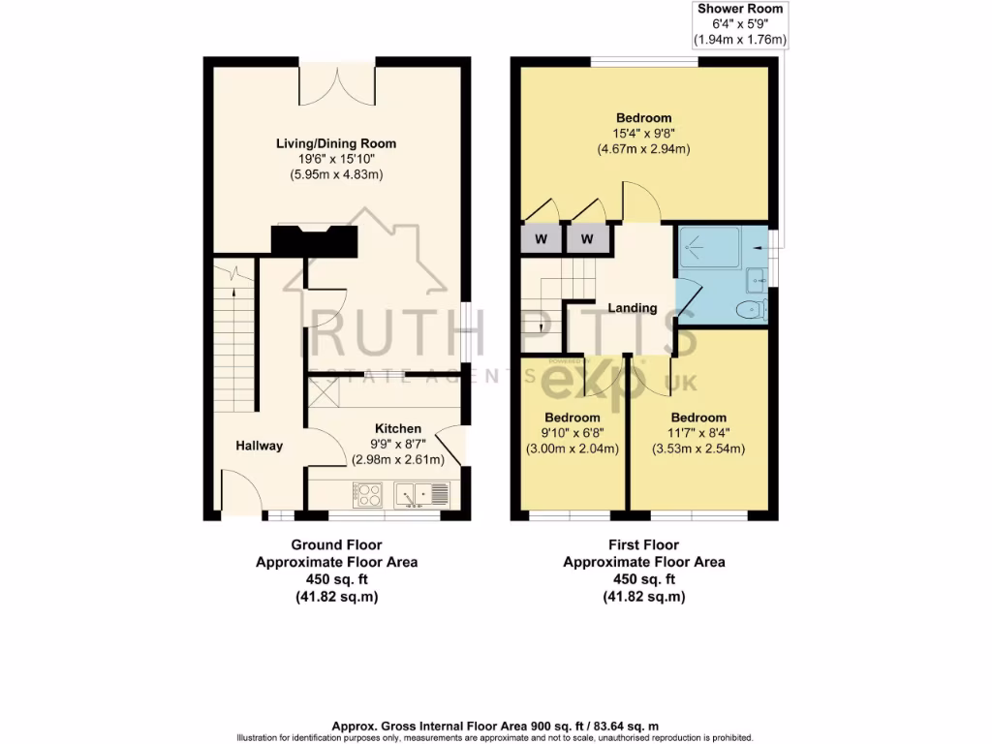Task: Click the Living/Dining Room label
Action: click(x=335, y=143)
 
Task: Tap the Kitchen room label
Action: click(x=398, y=428)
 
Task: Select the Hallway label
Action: click(x=260, y=446)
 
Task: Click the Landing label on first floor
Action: click(x=633, y=308)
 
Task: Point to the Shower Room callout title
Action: click(x=740, y=9)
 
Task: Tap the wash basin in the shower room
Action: click(x=756, y=281)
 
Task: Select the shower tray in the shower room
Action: click(x=710, y=247)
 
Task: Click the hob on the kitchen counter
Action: click(x=368, y=494)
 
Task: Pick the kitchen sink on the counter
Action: click(x=424, y=494)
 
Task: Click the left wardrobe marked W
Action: click(x=541, y=238)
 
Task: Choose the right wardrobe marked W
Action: click(x=588, y=238)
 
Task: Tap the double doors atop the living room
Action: click(x=336, y=82)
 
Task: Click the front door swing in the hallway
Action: click(x=242, y=489)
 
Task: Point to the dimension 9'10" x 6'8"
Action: click(x=572, y=433)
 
